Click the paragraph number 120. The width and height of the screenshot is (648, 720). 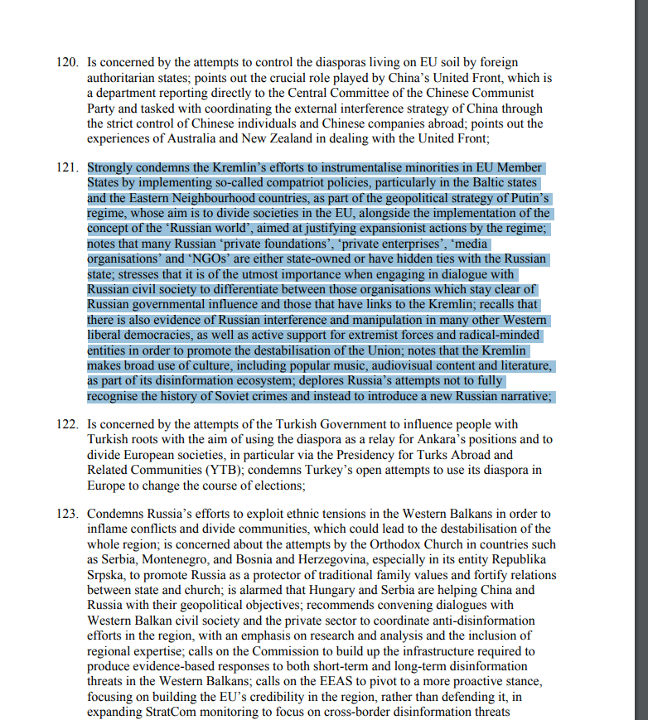point(67,63)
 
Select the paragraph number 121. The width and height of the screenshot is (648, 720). point(67,167)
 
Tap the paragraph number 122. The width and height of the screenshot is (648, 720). point(67,424)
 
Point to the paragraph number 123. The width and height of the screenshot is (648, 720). point(67,514)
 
